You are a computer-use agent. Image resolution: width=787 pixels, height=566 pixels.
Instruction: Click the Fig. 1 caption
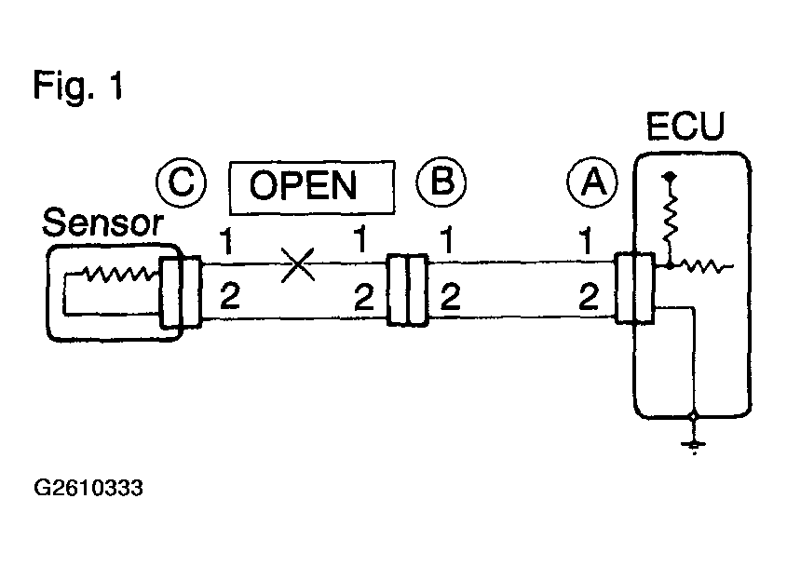point(78,87)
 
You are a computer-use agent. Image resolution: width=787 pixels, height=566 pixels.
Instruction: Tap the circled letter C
point(182,182)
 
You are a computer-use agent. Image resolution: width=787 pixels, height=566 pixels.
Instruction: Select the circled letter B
point(441,182)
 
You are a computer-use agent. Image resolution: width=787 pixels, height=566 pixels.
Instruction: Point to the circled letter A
point(592,182)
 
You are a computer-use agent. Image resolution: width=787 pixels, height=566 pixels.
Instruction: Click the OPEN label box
point(312,188)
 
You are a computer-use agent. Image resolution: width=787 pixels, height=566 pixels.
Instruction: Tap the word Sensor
point(102,222)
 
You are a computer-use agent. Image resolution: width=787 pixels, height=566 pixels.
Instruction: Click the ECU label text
point(685,126)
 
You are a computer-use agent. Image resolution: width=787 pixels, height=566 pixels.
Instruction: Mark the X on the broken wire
point(298,264)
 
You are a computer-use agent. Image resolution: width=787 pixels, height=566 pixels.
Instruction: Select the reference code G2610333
point(88,488)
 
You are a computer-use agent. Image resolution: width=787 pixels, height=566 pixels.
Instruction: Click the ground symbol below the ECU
point(694,445)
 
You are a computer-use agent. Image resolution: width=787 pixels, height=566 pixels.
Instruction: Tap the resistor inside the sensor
point(119,274)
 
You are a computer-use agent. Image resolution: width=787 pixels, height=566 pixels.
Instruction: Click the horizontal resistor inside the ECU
point(701,266)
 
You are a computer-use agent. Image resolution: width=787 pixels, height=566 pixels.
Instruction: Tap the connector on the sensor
point(180,291)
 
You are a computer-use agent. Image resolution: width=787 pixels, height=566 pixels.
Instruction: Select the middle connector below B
point(408,290)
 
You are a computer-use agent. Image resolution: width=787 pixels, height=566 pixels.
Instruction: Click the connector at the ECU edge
point(635,288)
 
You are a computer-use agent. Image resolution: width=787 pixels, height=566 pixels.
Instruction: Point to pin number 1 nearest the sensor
point(226,241)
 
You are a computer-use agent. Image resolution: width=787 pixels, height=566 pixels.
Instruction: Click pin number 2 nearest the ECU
point(589,296)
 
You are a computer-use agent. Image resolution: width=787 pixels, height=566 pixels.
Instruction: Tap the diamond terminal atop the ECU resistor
point(670,177)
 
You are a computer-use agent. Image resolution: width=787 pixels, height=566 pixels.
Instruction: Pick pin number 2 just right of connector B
point(450,296)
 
